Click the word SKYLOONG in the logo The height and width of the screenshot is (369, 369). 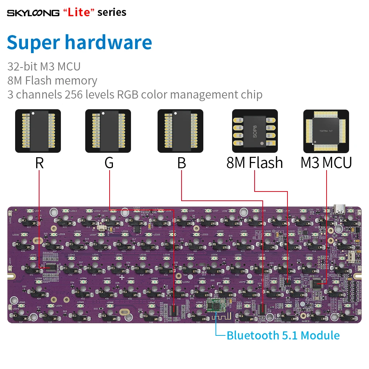(x=33, y=13)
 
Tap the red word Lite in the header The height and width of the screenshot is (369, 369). (x=79, y=12)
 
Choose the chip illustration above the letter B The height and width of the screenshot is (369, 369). (x=181, y=131)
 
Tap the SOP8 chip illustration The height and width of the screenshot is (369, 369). (x=255, y=131)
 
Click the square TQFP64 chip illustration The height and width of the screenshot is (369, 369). (x=326, y=131)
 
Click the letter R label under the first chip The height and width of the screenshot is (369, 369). (x=39, y=163)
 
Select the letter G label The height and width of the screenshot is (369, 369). (x=109, y=163)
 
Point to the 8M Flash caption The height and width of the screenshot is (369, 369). (x=255, y=163)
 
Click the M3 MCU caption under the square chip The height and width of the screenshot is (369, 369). (x=326, y=163)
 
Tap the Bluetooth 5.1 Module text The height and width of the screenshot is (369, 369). (x=283, y=335)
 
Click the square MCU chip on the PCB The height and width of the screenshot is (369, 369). (x=317, y=283)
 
